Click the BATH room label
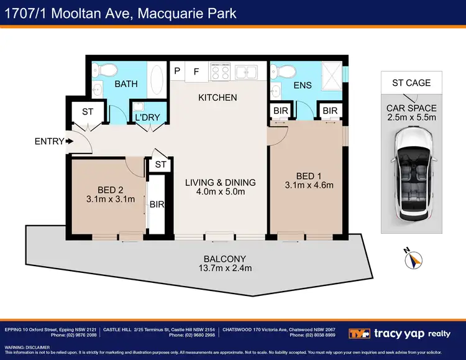click(126, 83)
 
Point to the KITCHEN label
click(217, 98)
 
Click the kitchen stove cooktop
click(221, 72)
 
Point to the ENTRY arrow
click(68, 141)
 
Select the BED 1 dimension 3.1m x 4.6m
click(309, 185)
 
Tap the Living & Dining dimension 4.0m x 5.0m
click(221, 192)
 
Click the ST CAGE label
click(411, 83)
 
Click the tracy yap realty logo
click(400, 333)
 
